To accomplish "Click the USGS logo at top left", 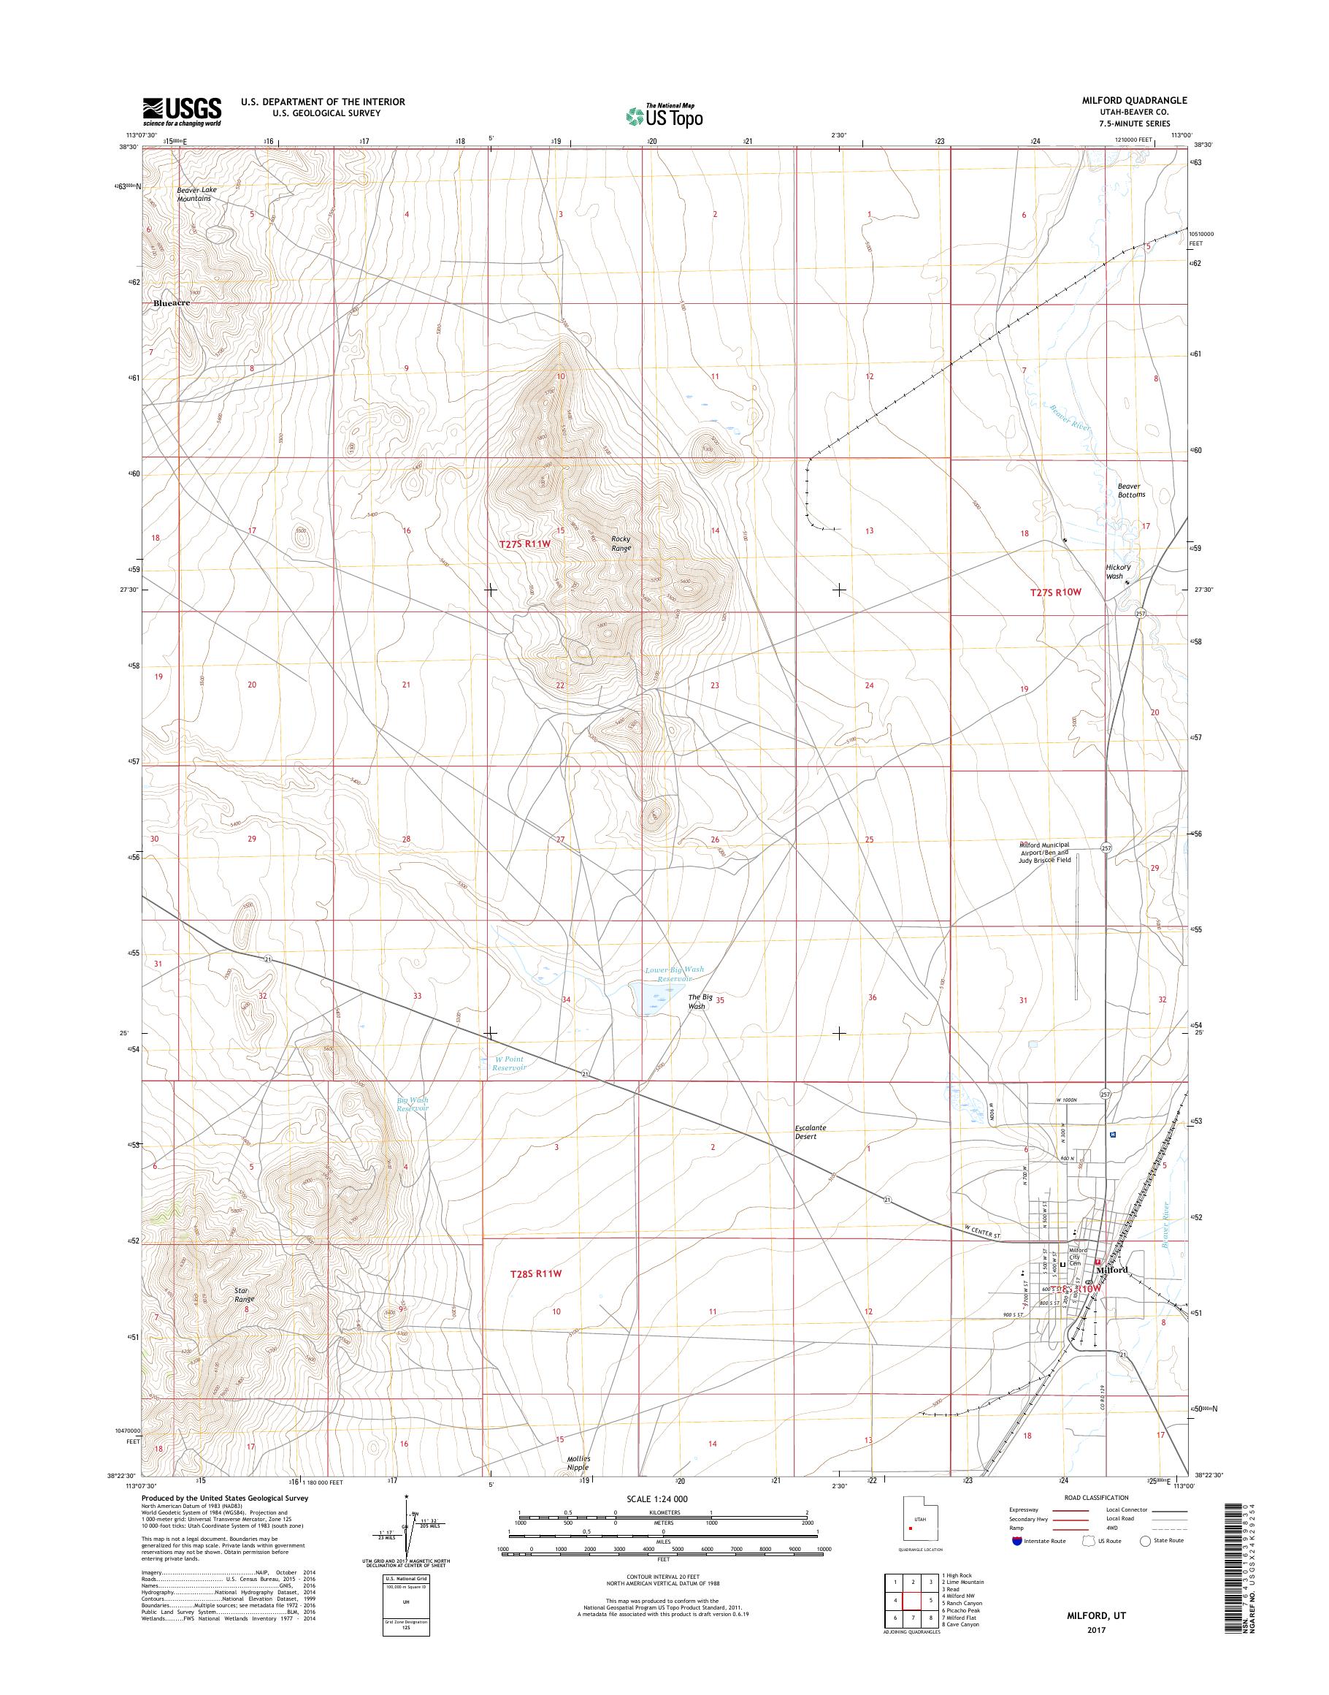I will click(181, 111).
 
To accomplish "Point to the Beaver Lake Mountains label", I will click(194, 194).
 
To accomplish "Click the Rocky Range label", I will click(620, 543).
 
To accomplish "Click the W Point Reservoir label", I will click(510, 1064).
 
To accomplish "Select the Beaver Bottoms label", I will click(1131, 490).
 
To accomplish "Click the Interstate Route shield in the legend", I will click(1017, 1540).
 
